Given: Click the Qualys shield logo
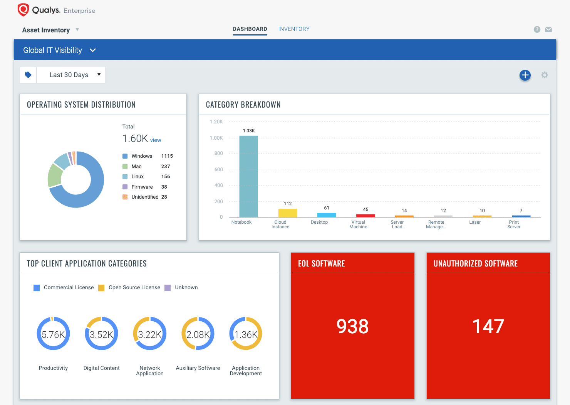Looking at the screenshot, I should click(23, 10).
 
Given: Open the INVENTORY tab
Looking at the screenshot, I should click(294, 29).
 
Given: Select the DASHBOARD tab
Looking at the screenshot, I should click(250, 29).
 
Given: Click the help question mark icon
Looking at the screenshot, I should click(537, 29).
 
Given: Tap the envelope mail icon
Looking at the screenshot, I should click(548, 29).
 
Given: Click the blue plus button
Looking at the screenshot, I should click(525, 75).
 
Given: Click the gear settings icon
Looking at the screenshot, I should click(545, 75).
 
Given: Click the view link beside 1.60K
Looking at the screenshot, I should click(156, 140).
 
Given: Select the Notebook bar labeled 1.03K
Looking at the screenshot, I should click(248, 177).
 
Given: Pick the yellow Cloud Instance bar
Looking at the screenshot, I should click(287, 213).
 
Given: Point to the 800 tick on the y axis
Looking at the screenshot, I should click(219, 154).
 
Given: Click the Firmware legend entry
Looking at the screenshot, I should click(142, 187).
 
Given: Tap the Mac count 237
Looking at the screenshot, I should click(166, 166).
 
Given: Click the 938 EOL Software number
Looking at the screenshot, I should click(352, 326).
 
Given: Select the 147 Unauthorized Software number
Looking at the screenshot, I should click(488, 326).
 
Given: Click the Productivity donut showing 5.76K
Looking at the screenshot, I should click(53, 334).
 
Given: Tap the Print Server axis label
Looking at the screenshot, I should click(514, 224).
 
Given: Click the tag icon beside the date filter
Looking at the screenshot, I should click(28, 75).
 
